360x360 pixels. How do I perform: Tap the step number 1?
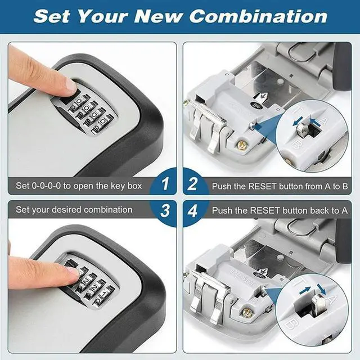click(164, 184)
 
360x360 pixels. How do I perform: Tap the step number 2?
click(193, 184)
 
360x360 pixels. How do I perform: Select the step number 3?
click(164, 211)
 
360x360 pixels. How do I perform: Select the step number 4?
click(193, 211)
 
